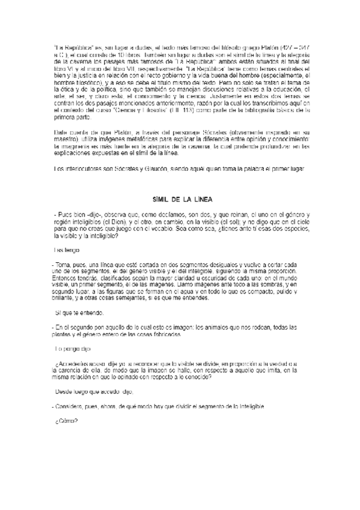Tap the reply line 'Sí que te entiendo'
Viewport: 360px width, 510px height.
tap(79, 313)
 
